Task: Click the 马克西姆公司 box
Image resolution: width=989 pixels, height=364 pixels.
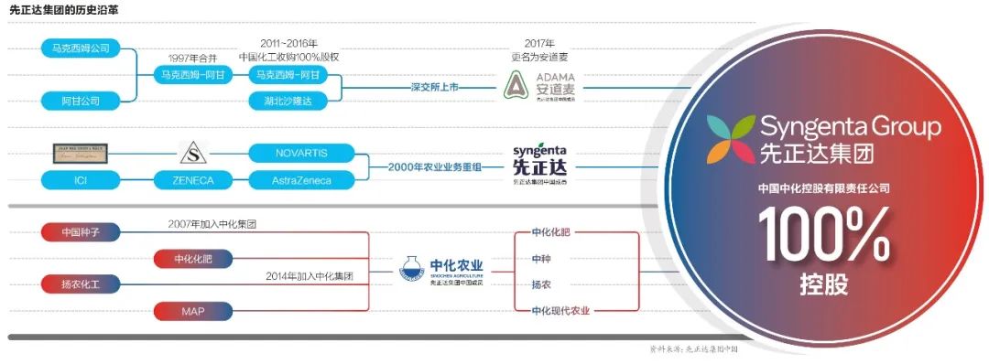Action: pos(82,48)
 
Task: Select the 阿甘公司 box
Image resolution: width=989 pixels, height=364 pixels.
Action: pos(82,100)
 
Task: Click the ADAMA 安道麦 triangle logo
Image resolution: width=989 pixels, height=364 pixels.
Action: pos(516,87)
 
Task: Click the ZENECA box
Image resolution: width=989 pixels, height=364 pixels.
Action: pos(192,180)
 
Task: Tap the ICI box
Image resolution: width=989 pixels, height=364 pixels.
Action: pos(82,180)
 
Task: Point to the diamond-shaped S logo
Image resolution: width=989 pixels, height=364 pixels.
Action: pos(192,153)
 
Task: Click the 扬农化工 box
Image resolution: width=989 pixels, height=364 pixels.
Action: pos(82,284)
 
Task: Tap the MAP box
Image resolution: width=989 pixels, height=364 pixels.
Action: pos(192,312)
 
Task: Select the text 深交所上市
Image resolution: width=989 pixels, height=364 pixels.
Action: pos(433,87)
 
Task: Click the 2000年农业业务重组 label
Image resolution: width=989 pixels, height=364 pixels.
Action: pos(434,166)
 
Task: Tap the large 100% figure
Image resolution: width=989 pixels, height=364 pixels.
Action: pos(823,237)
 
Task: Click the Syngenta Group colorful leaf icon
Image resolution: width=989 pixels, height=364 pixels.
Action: pos(732,138)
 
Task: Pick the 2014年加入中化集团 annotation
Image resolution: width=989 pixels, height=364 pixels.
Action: pos(310,275)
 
